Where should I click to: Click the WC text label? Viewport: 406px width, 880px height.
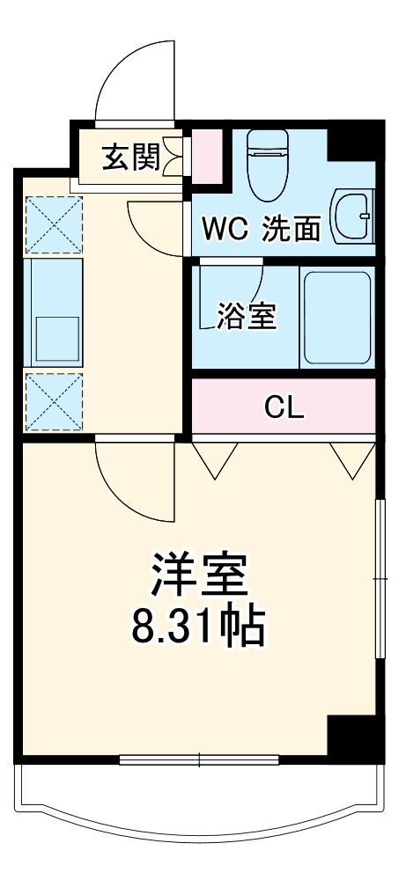coord(223,230)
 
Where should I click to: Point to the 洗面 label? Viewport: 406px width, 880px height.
coord(291,230)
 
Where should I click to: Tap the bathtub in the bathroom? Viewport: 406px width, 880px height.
coord(337,318)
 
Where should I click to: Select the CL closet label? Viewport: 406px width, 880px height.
coord(284,407)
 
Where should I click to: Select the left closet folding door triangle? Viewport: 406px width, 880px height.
coord(215,459)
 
